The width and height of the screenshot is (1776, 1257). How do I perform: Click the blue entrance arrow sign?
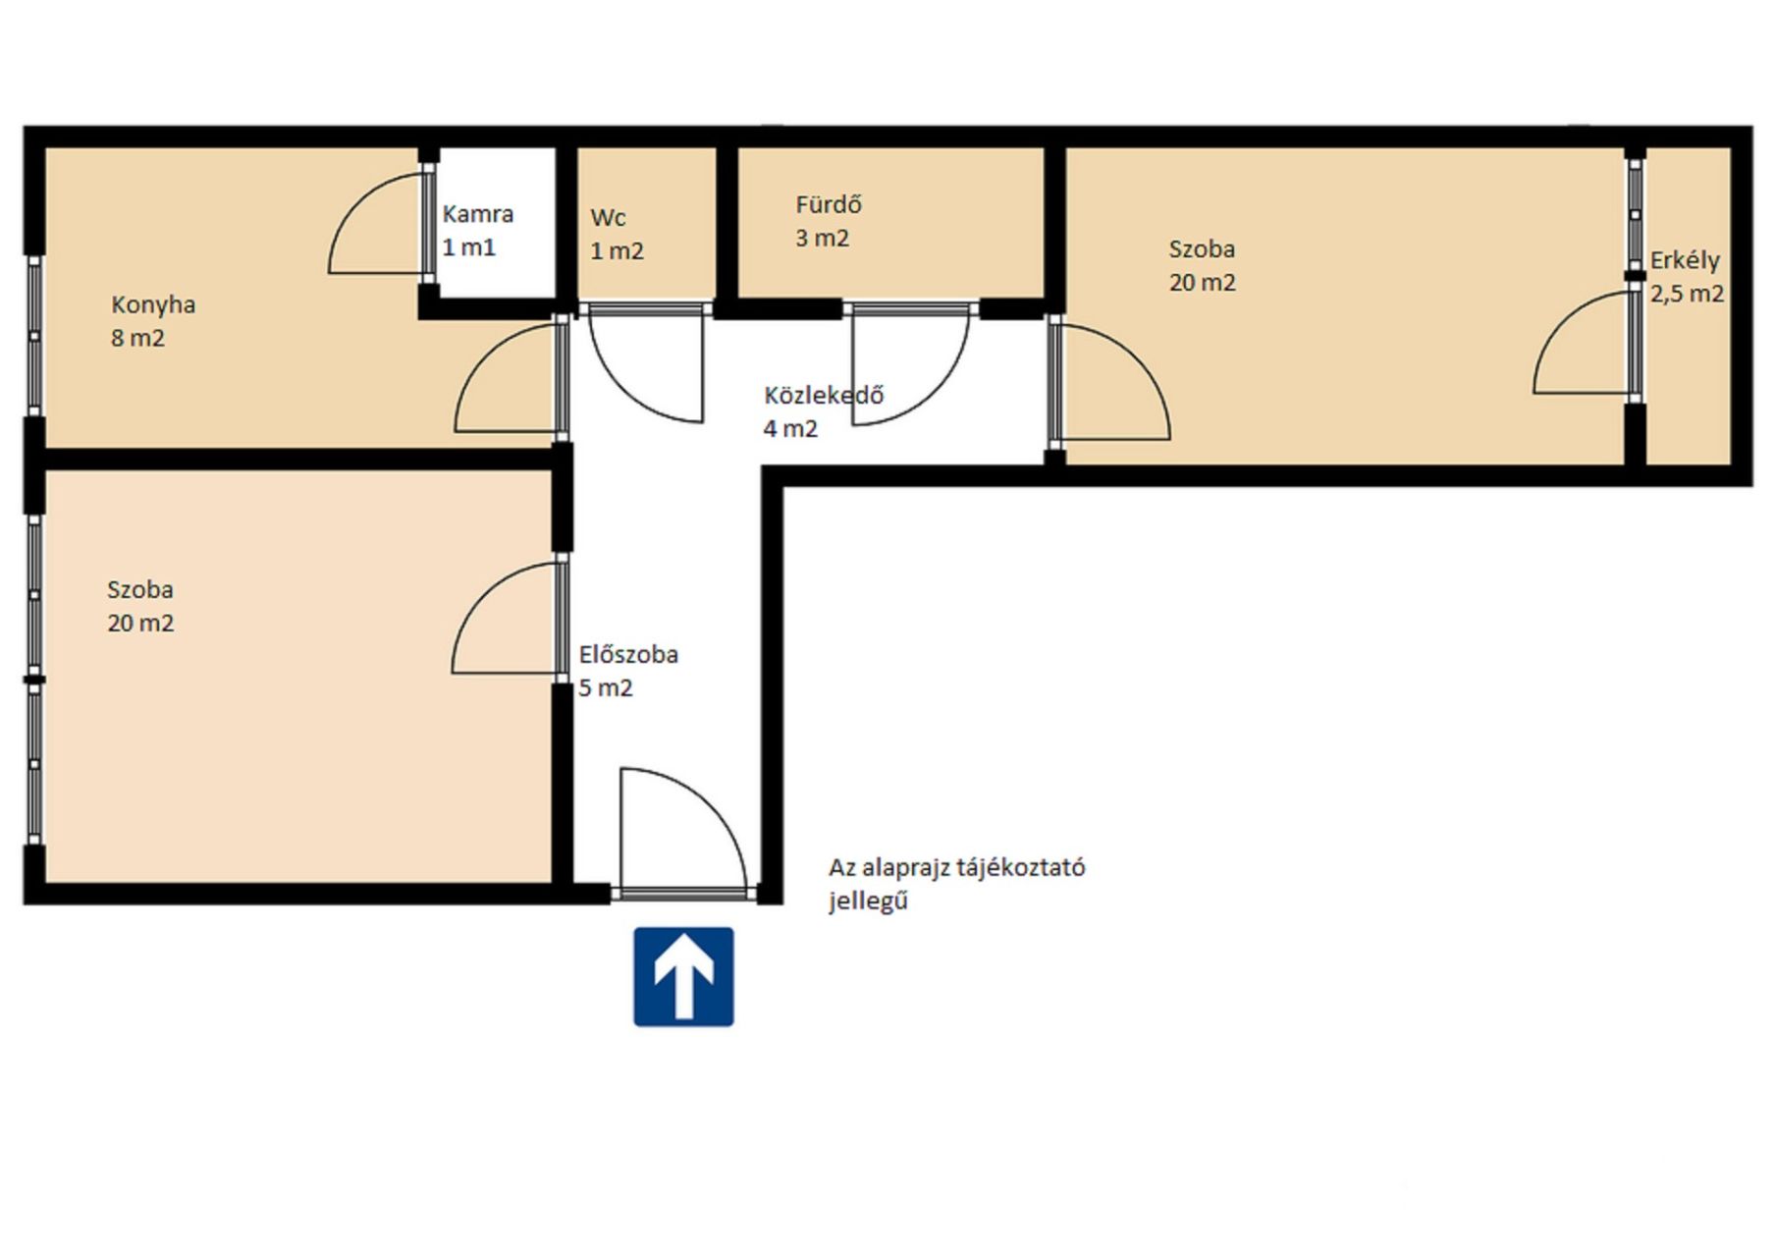tap(683, 977)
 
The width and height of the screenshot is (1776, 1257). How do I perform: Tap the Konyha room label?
tap(153, 304)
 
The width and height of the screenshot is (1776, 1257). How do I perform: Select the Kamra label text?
tap(478, 214)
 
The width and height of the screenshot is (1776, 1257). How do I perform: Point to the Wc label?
tap(608, 217)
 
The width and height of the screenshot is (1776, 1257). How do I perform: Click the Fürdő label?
tap(829, 204)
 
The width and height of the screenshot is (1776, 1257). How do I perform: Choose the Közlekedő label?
tap(824, 395)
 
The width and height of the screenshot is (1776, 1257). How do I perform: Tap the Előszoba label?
tap(628, 654)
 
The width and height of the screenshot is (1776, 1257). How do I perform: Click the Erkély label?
tap(1685, 261)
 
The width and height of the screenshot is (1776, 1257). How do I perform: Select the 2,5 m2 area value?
tap(1687, 294)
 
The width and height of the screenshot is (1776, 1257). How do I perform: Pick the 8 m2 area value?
tap(137, 338)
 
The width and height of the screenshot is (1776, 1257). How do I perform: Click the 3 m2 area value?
tap(822, 238)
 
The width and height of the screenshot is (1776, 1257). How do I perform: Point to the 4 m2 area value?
tap(790, 428)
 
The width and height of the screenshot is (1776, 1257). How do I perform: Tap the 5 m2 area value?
tap(606, 687)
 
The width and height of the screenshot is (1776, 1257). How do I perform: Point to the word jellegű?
tap(868, 901)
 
